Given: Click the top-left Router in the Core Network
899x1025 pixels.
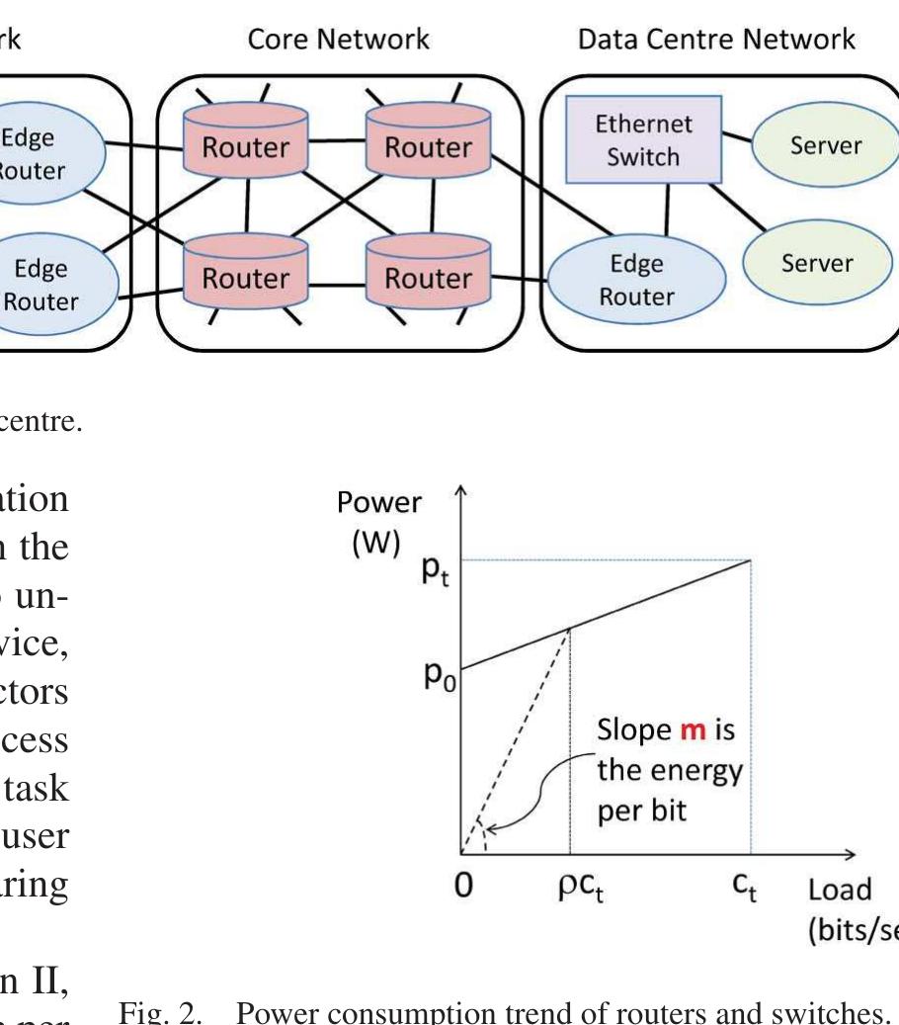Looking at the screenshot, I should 246,147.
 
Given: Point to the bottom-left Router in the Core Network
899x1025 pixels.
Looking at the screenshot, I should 246,279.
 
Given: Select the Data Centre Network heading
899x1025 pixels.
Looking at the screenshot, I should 717,41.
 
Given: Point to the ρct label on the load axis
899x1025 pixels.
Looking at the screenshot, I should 573,891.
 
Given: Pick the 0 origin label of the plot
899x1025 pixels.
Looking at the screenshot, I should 462,887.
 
